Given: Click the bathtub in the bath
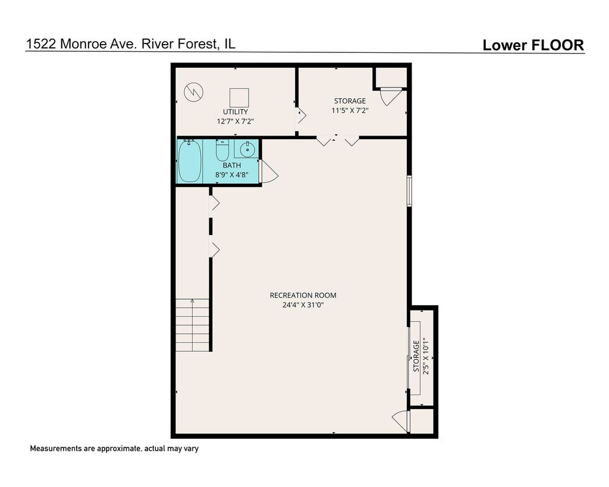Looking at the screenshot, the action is click(190, 161).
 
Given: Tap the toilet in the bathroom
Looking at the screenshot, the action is click(222, 150).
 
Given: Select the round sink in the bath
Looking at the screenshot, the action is click(247, 149).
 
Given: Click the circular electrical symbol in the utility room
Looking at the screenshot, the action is click(193, 92).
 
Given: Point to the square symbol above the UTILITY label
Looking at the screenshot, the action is click(239, 98).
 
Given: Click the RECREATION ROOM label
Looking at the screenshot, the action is click(303, 295).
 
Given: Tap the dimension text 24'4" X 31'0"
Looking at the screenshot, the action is click(303, 305).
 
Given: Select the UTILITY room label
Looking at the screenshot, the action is click(236, 112).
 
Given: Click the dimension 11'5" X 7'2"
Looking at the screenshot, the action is click(350, 110).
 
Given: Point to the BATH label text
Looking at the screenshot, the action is click(232, 165).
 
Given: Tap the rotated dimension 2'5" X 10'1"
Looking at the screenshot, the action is click(426, 356).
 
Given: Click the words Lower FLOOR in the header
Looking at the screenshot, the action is click(533, 45).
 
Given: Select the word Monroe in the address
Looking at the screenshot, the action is click(83, 44).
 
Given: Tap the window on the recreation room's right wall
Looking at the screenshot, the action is click(409, 191).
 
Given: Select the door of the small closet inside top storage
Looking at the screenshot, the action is click(391, 97).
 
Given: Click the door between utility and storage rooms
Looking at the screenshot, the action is click(300, 116).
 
